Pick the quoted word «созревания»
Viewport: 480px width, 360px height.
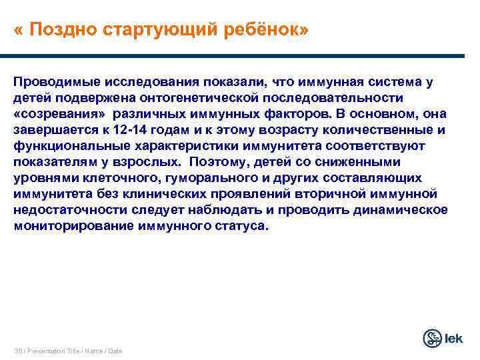point(59,114)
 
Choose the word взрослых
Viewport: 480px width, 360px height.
point(154,162)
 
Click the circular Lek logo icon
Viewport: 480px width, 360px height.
point(433,338)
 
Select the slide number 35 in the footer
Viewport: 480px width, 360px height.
point(17,351)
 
